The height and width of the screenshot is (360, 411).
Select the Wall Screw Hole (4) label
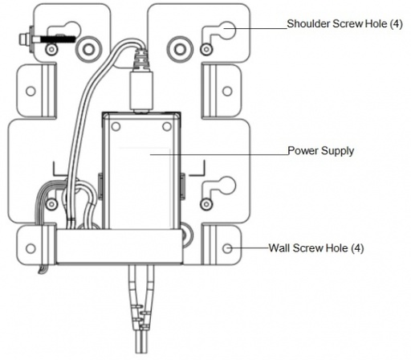coord(315,248)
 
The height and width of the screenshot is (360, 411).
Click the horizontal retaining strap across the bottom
coord(120,251)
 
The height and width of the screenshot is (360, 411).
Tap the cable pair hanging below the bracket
coord(140,309)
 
